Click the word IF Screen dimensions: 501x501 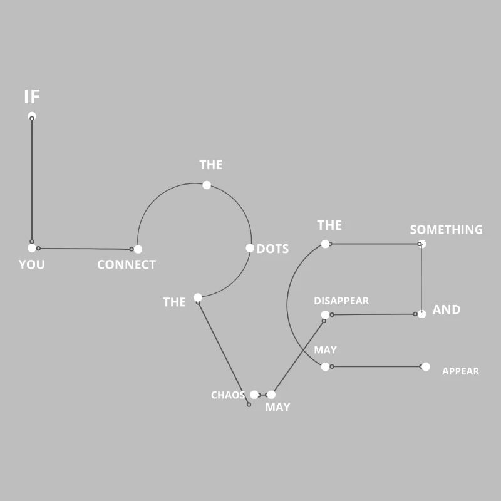[x=32, y=96]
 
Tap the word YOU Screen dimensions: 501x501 [x=32, y=264]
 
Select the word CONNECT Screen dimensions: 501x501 [x=127, y=264]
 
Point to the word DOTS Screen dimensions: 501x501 [x=272, y=249]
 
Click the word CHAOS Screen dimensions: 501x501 [x=228, y=395]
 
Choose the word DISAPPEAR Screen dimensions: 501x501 [x=341, y=301]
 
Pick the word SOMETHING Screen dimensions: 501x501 [x=446, y=230]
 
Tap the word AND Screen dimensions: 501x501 [x=447, y=309]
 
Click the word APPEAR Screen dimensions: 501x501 [x=460, y=371]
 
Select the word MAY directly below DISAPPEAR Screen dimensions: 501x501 [x=325, y=350]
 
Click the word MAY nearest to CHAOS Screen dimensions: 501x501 [x=277, y=406]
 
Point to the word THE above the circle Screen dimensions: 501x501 [x=211, y=165]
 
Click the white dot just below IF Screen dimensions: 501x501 [x=32, y=116]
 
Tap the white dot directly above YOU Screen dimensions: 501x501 [x=32, y=248]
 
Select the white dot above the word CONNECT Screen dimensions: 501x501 [x=138, y=249]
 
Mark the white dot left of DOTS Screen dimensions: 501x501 [x=250, y=248]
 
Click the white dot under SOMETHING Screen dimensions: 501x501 [x=421, y=244]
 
